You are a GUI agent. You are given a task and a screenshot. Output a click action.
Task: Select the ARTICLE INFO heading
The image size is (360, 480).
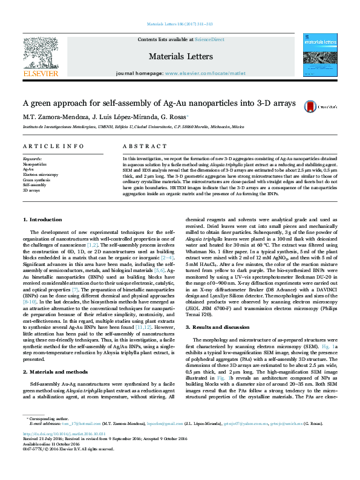click(x=53, y=147)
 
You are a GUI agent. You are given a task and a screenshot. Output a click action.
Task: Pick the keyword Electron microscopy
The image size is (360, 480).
click(x=41, y=174)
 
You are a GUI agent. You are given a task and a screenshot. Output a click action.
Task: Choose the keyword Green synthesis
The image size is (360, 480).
click(x=36, y=180)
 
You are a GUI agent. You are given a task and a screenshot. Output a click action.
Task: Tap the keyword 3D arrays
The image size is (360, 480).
click(x=31, y=190)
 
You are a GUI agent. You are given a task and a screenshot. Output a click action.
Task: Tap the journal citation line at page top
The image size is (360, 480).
click(x=180, y=25)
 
